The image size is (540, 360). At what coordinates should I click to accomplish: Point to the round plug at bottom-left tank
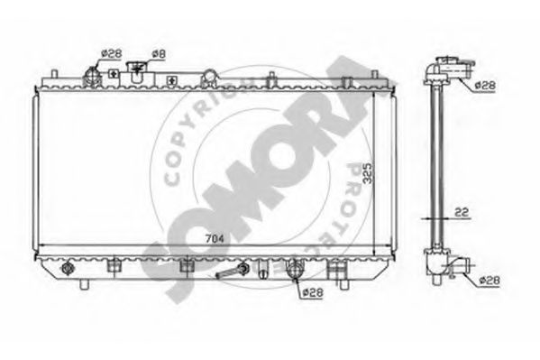click(x=69, y=268)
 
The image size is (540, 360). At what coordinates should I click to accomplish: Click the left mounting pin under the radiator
click(x=85, y=284)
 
